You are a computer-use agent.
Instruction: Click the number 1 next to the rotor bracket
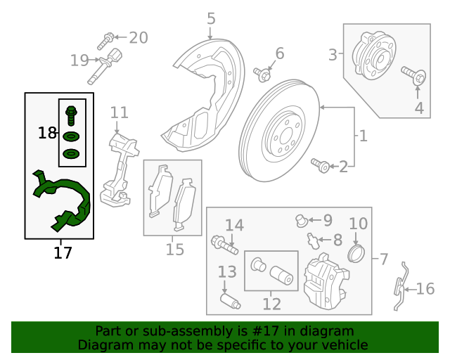(x=363, y=136)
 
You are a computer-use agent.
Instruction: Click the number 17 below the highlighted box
(x=63, y=252)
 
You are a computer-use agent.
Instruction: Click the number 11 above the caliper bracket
(x=119, y=112)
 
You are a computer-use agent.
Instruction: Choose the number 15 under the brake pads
(x=174, y=249)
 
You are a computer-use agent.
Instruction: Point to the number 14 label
(x=234, y=226)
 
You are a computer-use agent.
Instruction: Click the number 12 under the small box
(x=271, y=304)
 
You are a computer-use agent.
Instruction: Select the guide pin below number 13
(x=229, y=301)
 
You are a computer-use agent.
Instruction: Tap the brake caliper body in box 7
(x=325, y=281)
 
